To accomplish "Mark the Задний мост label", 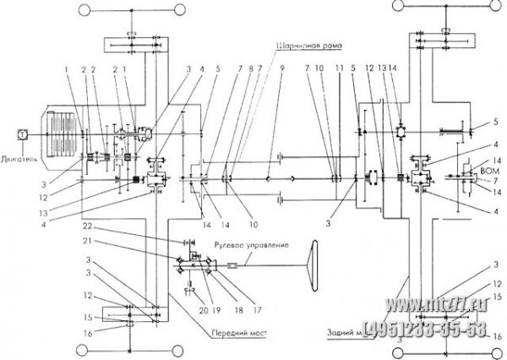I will (x=345, y=332).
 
